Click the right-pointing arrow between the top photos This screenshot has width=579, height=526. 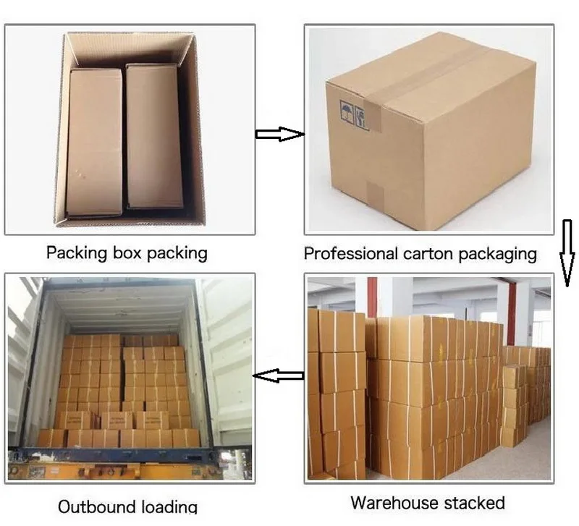tap(279, 134)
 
